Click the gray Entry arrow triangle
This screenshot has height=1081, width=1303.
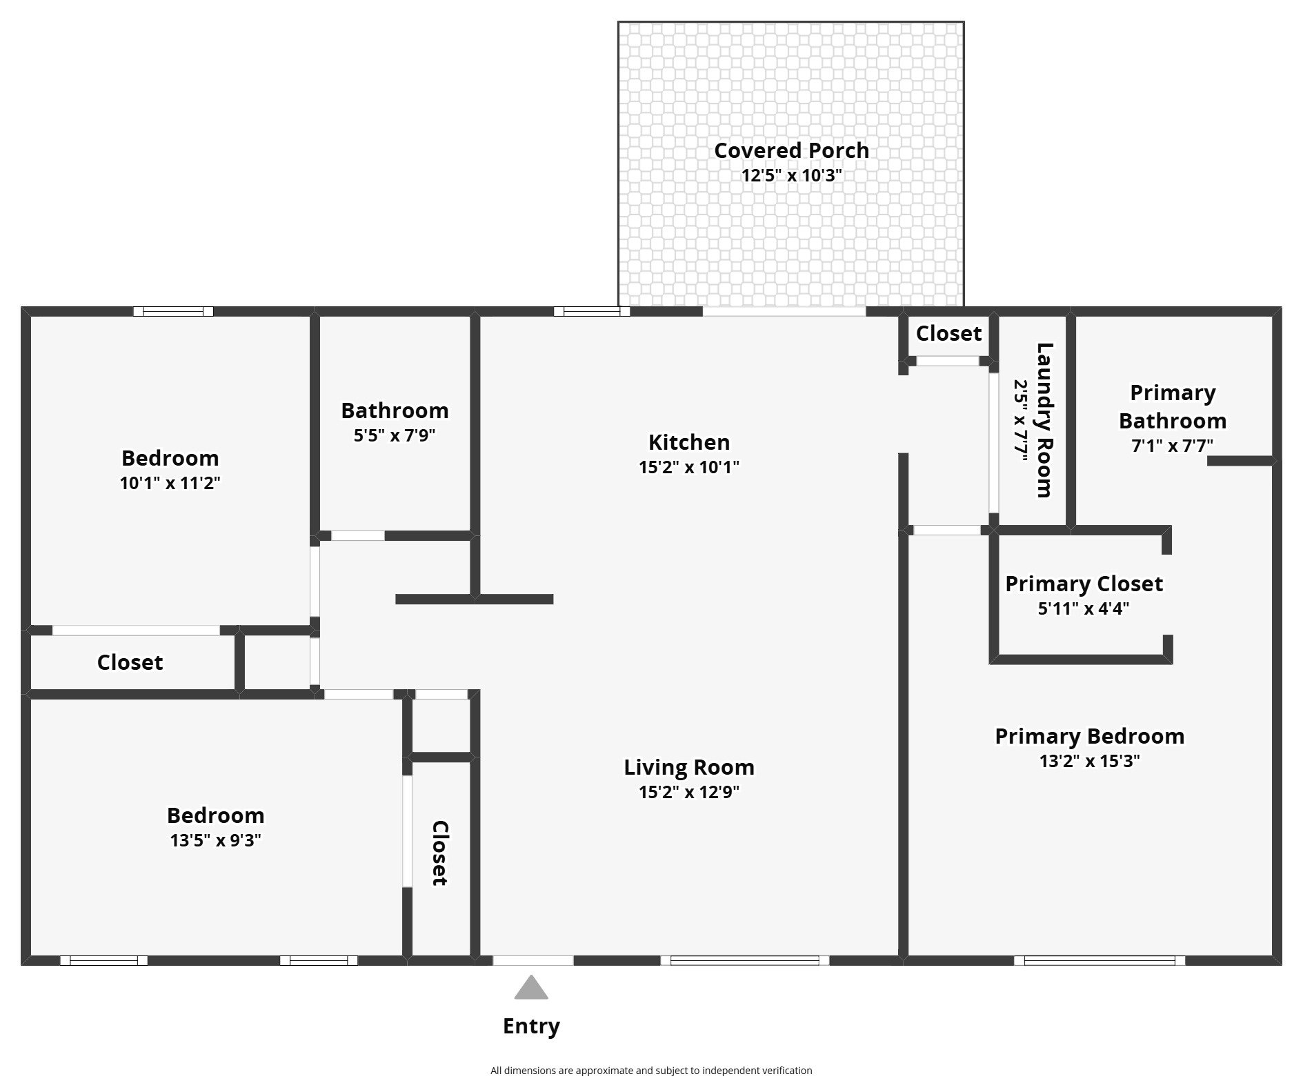coord(530,989)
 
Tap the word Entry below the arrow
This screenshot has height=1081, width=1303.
coord(530,1026)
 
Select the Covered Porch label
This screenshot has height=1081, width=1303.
coord(791,150)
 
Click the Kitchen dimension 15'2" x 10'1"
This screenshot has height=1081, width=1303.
coord(688,467)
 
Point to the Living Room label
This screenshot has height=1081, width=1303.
coord(688,767)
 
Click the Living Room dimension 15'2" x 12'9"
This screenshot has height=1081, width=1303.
coord(688,792)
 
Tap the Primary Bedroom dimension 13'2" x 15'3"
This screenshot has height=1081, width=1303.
coord(1089,761)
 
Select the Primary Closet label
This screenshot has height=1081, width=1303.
coord(1084,584)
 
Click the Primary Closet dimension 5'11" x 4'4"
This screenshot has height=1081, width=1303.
coord(1083,608)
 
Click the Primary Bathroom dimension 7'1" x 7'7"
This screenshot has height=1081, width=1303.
coord(1172,446)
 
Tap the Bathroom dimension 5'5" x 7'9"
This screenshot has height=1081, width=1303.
coord(395,435)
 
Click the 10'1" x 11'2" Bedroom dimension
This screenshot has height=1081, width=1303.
coord(170,483)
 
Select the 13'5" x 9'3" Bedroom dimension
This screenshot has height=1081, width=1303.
coord(215,840)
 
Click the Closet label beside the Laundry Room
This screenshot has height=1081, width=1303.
coord(948,333)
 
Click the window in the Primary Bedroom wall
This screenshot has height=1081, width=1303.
coord(1099,960)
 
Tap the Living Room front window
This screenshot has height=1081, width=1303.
coord(744,960)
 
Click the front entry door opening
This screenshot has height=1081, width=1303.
coord(533,960)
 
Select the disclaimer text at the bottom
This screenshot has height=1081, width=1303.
coord(651,1071)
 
